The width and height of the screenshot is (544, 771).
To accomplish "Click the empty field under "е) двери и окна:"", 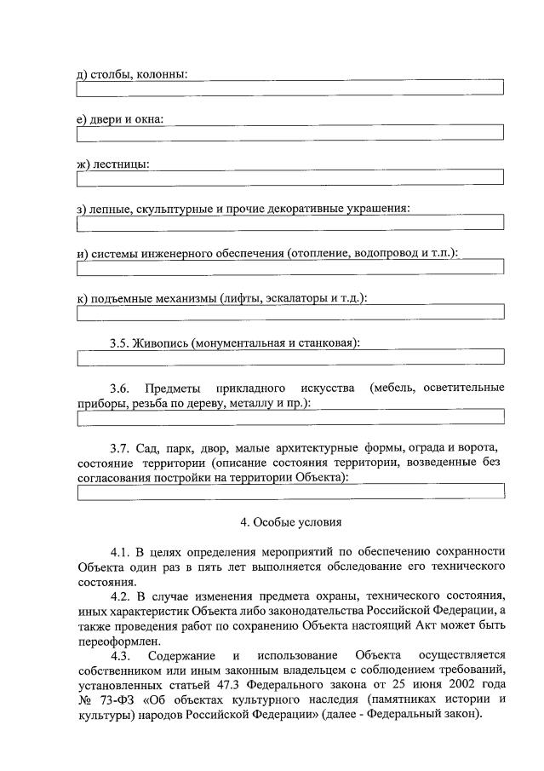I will coord(289,132).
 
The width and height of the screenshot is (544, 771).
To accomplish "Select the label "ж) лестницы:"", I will coord(112,164).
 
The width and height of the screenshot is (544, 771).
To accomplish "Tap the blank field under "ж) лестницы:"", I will coord(289,177).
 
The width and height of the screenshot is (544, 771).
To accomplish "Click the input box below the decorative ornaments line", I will coord(289,223).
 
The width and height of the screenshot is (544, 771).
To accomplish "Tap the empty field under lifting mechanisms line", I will coord(289,313).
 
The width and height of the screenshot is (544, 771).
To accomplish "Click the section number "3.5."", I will coord(123,343).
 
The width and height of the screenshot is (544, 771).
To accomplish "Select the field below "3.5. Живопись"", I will coord(289,358).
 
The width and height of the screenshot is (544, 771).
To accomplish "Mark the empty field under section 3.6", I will coord(289,418).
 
